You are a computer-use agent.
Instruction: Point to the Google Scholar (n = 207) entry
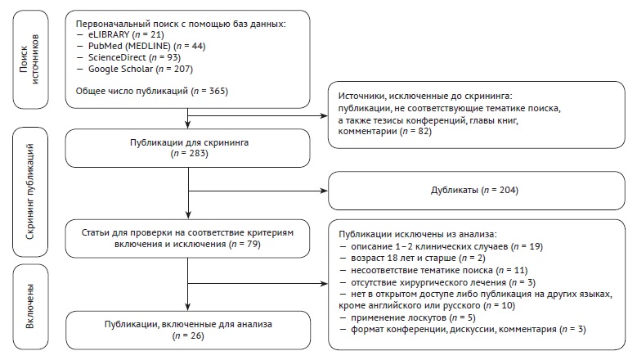tap(136, 69)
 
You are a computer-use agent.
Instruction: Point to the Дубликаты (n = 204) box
tap(474, 191)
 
